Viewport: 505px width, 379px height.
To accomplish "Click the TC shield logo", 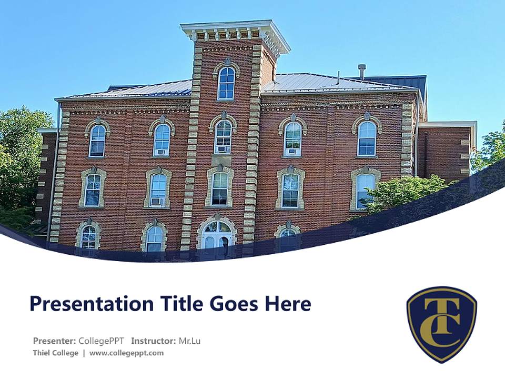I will pos(441,323).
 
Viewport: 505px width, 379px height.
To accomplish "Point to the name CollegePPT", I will pos(102,341).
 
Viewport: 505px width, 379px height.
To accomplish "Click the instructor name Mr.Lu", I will pos(189,341).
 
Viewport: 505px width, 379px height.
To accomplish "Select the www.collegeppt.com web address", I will pos(126,353).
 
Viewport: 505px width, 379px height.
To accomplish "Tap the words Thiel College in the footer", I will pos(55,353).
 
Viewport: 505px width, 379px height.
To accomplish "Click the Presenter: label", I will pos(55,341).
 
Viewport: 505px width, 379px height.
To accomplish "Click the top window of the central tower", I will pos(226,83).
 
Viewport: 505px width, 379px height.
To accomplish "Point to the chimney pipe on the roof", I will pos(362,71).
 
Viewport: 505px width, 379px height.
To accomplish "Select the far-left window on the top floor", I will pos(97,140).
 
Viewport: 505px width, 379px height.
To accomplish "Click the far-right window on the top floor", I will pos(367,138).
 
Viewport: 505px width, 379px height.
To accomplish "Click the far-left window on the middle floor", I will pos(93,189).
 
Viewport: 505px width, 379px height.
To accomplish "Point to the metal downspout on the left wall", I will pos(53,174).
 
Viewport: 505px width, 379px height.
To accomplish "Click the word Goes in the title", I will pos(234,304).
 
